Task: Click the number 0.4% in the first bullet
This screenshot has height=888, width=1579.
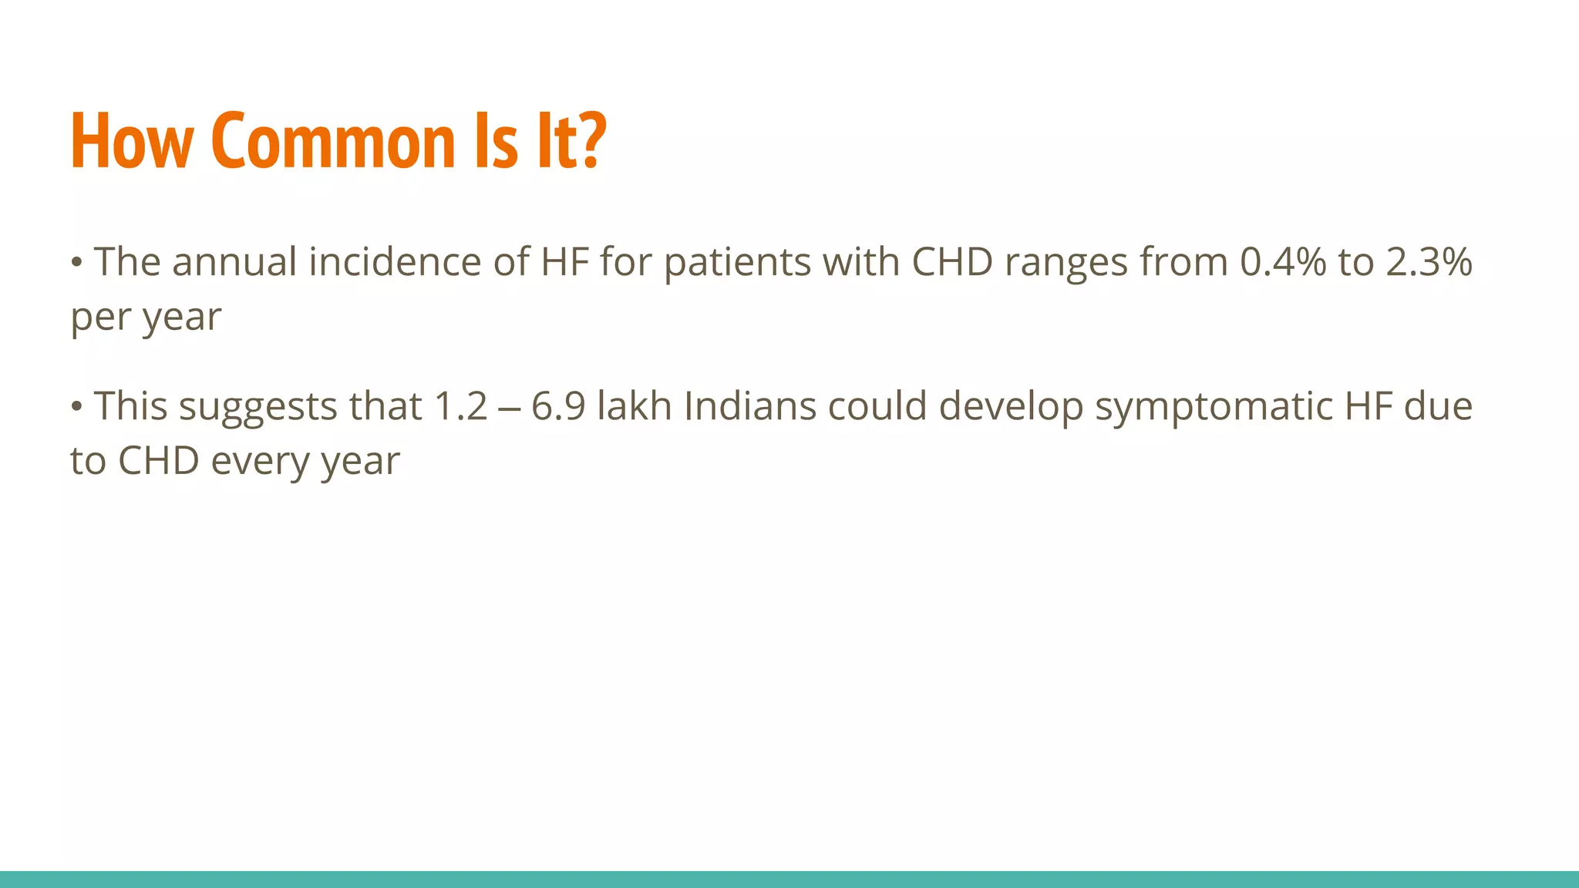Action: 1283,262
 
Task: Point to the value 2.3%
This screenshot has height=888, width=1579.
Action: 1429,262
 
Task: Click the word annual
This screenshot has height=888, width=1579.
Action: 234,262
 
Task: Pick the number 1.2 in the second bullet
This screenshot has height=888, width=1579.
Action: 461,406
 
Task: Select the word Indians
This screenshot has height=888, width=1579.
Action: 749,406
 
